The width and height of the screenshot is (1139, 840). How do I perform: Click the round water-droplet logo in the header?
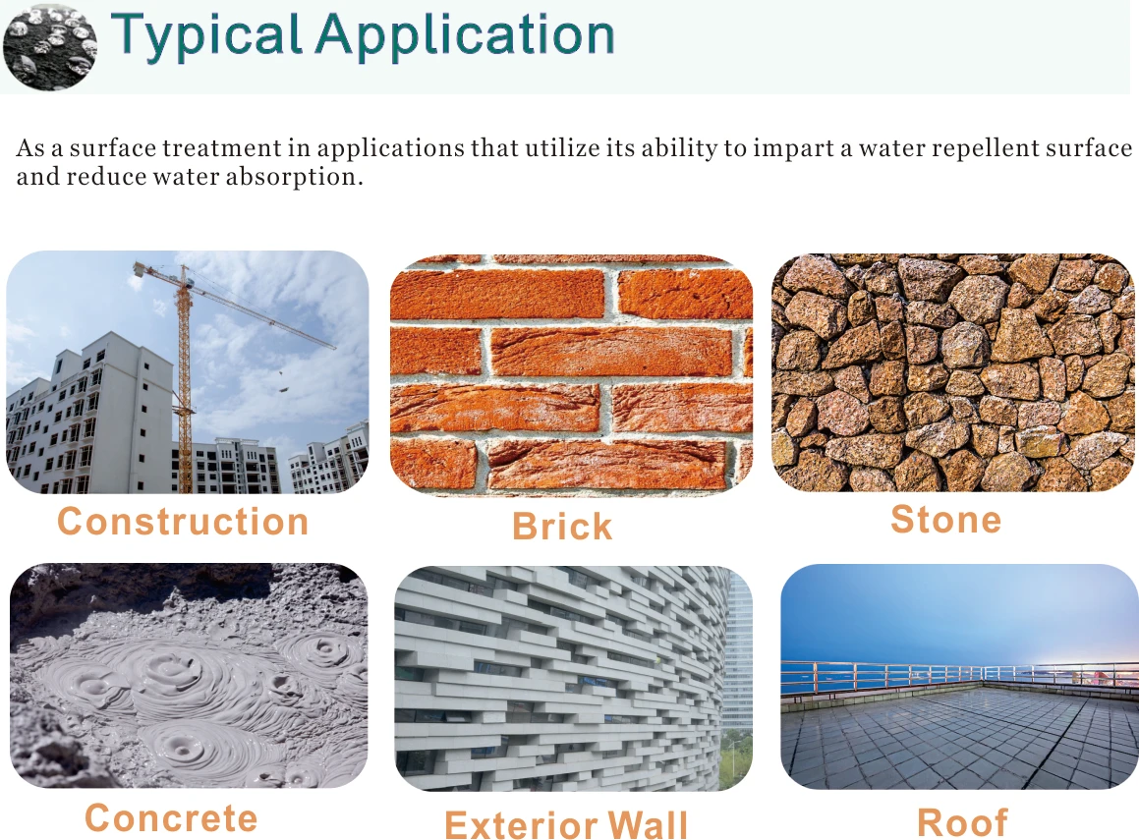(49, 46)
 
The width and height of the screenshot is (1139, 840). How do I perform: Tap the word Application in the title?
(465, 34)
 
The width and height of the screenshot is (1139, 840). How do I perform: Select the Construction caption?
(183, 522)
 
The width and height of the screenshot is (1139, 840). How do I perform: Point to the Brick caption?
(562, 527)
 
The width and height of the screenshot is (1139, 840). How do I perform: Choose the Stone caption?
(945, 519)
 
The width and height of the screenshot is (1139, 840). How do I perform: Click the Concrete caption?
(171, 818)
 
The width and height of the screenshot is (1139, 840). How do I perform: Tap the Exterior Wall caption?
(567, 824)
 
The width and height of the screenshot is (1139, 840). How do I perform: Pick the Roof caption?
(962, 822)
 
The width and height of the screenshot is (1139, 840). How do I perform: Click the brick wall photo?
(572, 374)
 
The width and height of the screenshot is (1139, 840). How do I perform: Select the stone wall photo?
(952, 372)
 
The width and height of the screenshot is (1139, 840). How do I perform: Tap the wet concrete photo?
(189, 676)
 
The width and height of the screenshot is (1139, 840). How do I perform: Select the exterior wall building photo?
(574, 678)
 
